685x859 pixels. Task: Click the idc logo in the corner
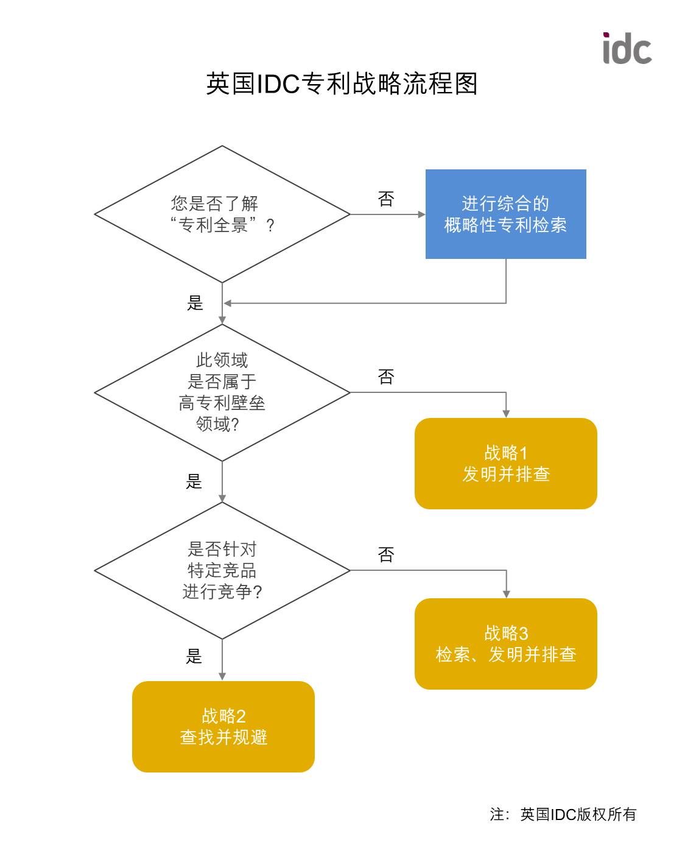tap(627, 49)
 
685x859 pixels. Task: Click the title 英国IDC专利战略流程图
tap(342, 83)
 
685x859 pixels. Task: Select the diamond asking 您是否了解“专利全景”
tap(222, 214)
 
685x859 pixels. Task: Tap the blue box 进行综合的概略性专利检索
tap(505, 214)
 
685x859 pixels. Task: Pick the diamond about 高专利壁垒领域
tap(222, 392)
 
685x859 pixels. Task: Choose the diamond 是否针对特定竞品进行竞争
tap(222, 570)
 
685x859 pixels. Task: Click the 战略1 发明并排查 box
tap(505, 464)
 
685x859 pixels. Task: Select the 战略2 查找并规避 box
tap(223, 727)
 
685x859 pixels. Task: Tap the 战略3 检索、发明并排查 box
tap(505, 644)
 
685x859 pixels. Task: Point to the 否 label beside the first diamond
tap(386, 199)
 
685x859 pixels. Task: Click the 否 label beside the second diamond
tap(386, 377)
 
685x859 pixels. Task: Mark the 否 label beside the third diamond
tap(386, 555)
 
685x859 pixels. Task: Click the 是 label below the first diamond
tap(195, 303)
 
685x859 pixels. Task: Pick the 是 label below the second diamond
tap(194, 481)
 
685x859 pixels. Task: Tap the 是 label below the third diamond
tap(194, 656)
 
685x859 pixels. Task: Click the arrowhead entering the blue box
tap(421, 214)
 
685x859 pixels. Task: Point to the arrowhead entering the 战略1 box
tap(506, 414)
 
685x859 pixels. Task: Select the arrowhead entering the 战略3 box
tap(506, 594)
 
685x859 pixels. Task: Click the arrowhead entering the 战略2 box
tap(222, 676)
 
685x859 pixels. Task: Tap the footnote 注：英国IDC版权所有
tap(563, 815)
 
